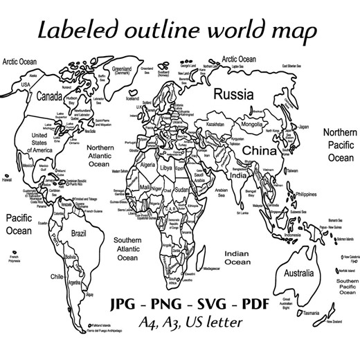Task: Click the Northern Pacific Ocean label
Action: pos(340,145)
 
